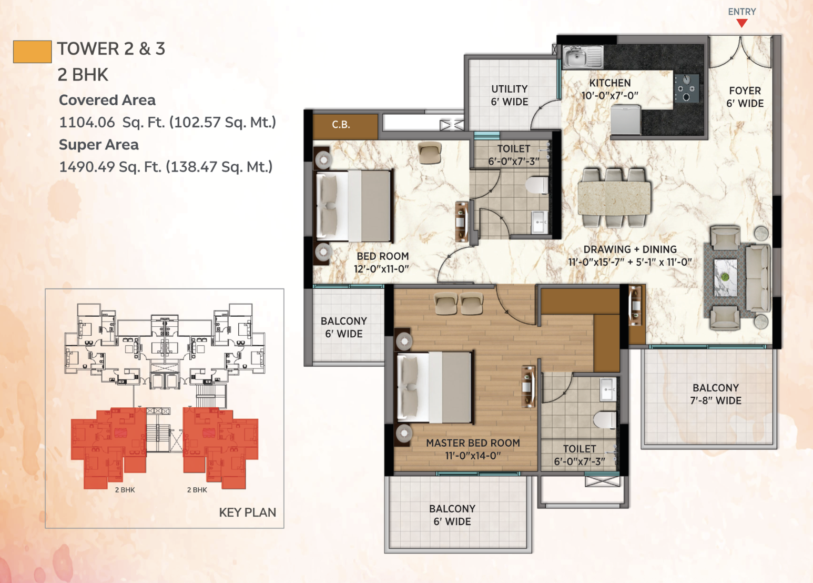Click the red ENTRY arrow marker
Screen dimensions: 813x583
click(741, 23)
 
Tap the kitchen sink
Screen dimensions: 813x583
click(583, 57)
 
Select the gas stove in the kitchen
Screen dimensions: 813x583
click(686, 88)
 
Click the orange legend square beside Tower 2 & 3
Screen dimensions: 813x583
click(32, 52)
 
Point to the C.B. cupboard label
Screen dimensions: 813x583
click(341, 125)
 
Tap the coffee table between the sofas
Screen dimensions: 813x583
click(725, 277)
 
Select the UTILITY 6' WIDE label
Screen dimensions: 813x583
click(509, 95)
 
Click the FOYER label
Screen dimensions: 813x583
click(745, 91)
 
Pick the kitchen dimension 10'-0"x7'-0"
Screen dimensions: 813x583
click(610, 96)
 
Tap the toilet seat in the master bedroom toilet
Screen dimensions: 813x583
click(605, 419)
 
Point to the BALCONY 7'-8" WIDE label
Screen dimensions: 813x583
click(716, 394)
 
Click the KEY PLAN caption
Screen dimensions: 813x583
click(248, 512)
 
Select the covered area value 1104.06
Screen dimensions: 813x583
click(87, 123)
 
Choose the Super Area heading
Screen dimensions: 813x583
click(99, 145)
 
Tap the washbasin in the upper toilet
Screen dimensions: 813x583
click(540, 222)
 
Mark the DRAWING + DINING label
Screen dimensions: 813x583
click(630, 249)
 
